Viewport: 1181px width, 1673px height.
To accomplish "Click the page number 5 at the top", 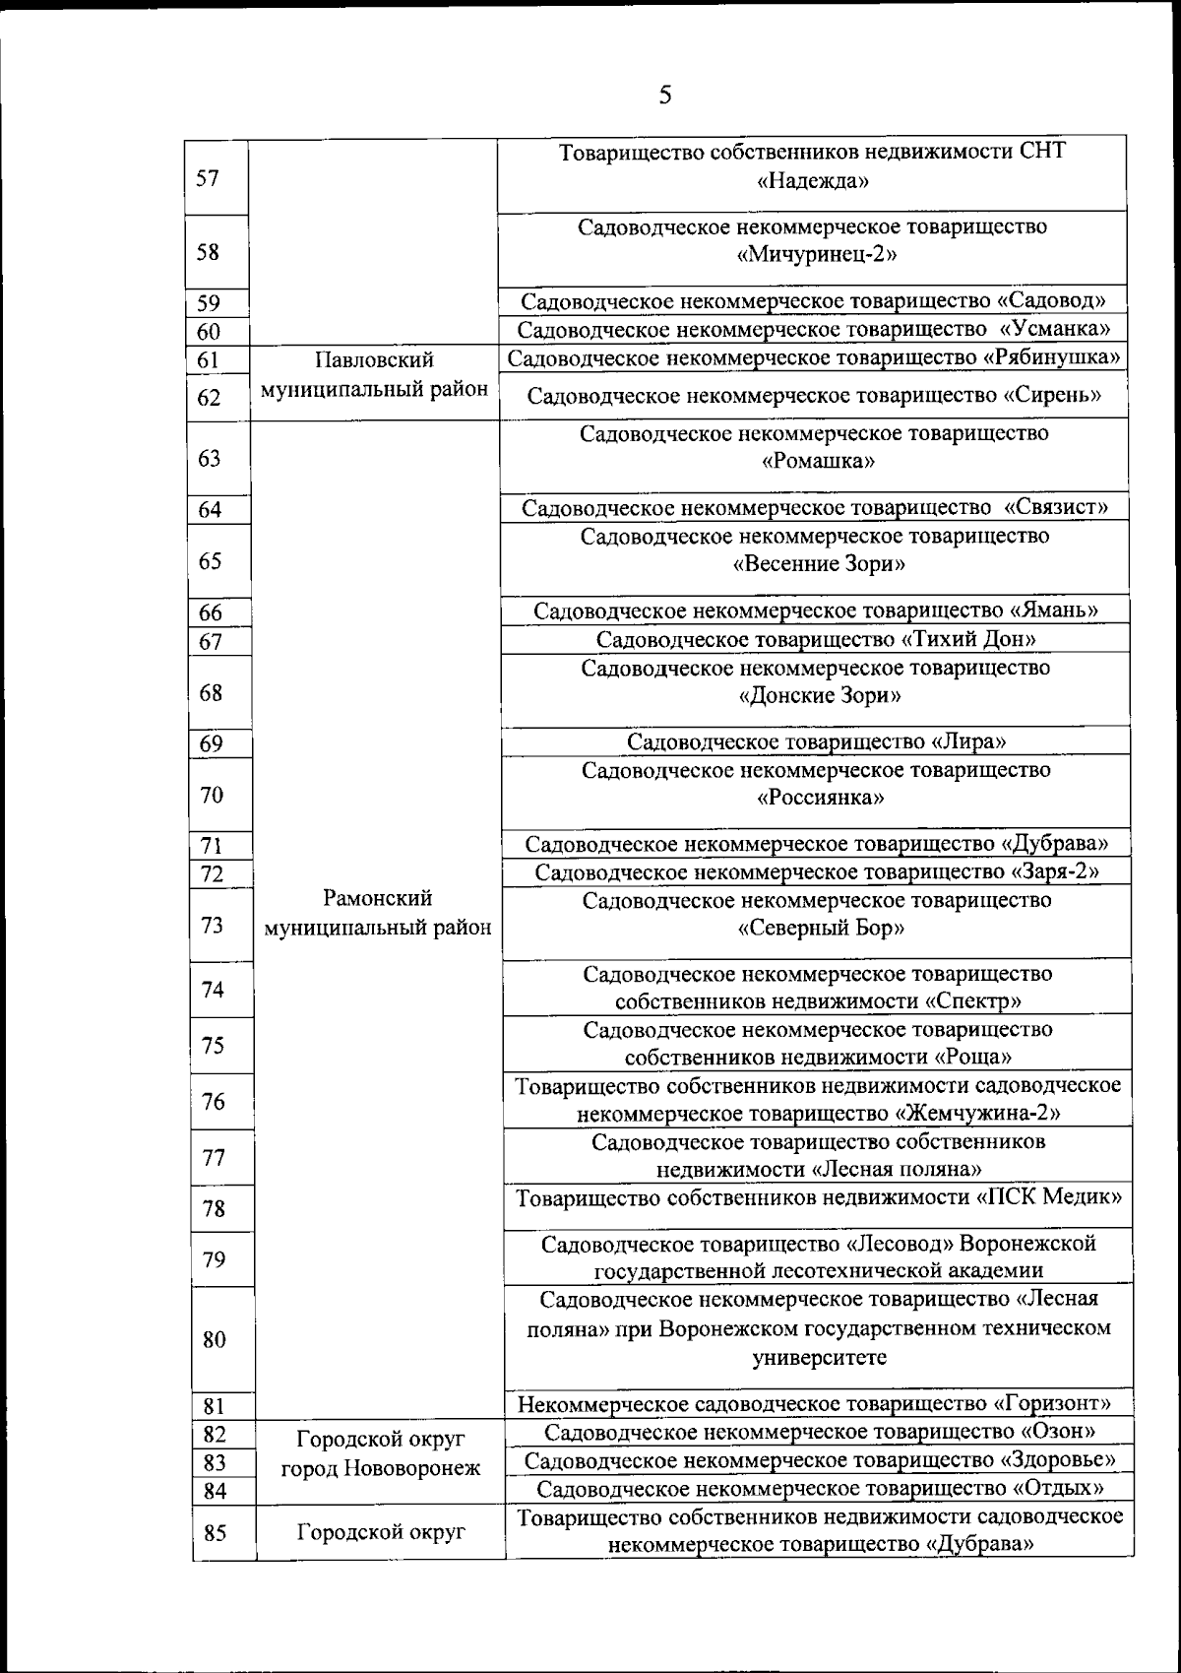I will point(665,96).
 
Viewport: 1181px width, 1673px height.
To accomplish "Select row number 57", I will point(208,178).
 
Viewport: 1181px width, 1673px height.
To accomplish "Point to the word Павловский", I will point(374,360).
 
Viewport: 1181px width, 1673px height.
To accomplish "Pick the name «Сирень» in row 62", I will point(1051,396).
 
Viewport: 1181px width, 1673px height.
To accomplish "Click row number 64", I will point(210,510).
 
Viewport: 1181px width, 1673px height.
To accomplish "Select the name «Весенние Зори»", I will point(819,564).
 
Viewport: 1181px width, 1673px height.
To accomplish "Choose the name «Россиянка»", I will point(820,798).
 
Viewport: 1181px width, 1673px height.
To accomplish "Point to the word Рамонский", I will point(378,898).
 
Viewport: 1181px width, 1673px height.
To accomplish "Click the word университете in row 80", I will point(819,1358).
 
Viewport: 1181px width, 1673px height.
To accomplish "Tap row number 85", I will point(215,1533).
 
